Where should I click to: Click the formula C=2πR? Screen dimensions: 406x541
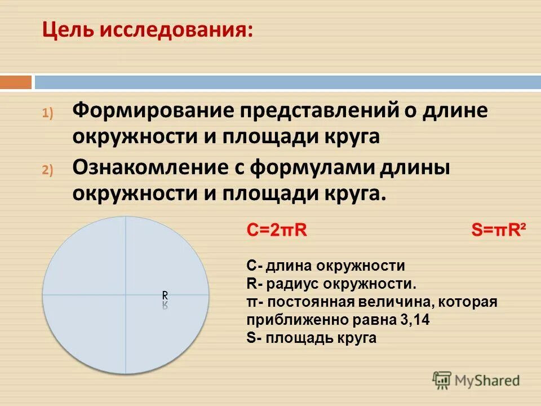click(x=277, y=231)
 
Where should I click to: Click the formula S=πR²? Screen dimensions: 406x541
click(x=498, y=231)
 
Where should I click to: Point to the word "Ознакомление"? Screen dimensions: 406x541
click(x=153, y=167)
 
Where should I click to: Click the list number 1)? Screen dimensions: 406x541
click(x=47, y=113)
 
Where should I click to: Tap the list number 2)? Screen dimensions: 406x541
click(x=47, y=170)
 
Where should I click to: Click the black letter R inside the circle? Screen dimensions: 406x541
click(x=165, y=295)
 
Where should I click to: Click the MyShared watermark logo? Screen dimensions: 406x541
click(x=476, y=380)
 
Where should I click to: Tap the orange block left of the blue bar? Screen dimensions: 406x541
click(x=16, y=82)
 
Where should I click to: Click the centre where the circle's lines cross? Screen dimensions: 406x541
click(x=125, y=294)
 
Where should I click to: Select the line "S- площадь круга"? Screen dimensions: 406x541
click(x=311, y=338)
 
